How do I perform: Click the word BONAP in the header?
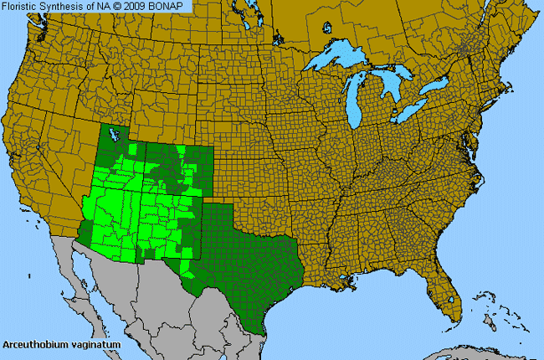pyautogui.click(x=171, y=7)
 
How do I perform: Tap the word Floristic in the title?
pyautogui.click(x=24, y=7)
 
